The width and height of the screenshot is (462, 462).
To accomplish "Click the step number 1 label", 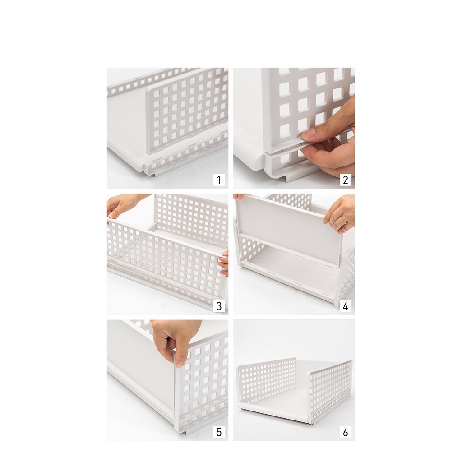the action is [x=219, y=180].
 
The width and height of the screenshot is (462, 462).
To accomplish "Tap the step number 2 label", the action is [x=345, y=180].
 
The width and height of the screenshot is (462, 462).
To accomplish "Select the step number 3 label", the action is [x=219, y=306].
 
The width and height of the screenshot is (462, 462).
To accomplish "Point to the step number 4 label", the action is [x=345, y=306].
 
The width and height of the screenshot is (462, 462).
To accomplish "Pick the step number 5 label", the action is [x=219, y=432].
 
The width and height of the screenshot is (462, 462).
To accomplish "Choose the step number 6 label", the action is [x=345, y=432].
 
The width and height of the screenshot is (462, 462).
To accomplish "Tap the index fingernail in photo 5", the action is [x=180, y=364].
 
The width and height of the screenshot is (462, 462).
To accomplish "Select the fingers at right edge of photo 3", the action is [x=224, y=263].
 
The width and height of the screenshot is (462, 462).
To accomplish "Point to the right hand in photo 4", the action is [x=339, y=213].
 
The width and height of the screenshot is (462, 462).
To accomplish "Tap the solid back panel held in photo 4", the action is [x=289, y=230].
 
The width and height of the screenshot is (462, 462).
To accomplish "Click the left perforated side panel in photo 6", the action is [x=266, y=380].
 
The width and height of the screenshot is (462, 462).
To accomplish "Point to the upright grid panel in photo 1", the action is [x=187, y=111].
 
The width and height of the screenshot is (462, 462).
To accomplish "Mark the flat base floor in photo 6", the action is [x=283, y=401].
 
